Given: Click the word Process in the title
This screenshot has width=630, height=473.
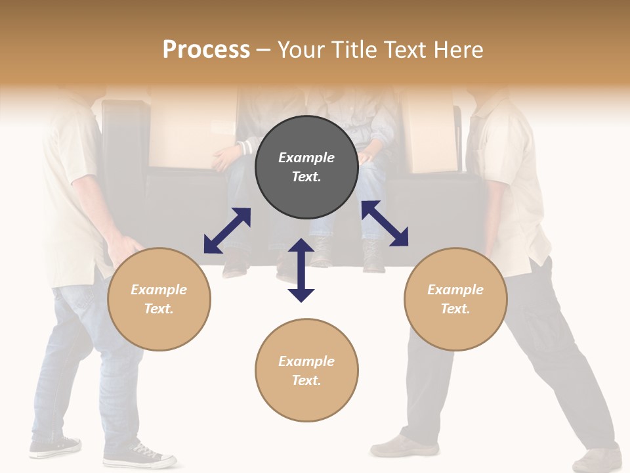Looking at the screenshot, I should click(206, 50).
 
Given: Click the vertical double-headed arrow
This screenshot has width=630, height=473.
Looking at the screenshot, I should click(301, 270).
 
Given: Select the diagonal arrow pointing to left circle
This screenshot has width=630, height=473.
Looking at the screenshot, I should click(227, 231).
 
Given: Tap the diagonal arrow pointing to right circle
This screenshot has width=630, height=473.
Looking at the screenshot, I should click(385, 223).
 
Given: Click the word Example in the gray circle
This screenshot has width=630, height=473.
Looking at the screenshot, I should click(306, 158).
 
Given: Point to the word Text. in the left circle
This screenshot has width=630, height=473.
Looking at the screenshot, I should click(159, 309).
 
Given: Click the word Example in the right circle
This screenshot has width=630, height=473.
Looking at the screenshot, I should click(455, 290).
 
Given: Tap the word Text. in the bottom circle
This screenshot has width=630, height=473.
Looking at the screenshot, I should click(306, 380).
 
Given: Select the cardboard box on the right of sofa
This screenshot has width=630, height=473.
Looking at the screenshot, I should click(430, 131).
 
